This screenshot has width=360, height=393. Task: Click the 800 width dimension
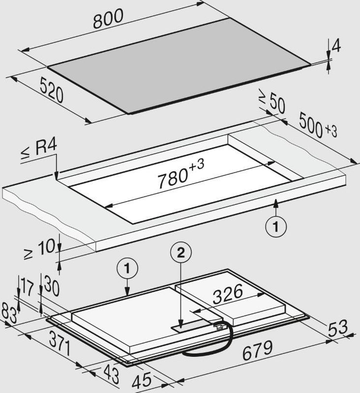pos(108,19)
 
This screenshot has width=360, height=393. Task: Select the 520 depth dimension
pos(52,90)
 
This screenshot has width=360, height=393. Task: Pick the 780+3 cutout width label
pos(180,173)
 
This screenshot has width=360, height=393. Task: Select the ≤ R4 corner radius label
pos(39,150)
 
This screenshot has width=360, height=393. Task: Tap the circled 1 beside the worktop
pos(276,227)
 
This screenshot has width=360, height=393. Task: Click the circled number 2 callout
pos(180,253)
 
